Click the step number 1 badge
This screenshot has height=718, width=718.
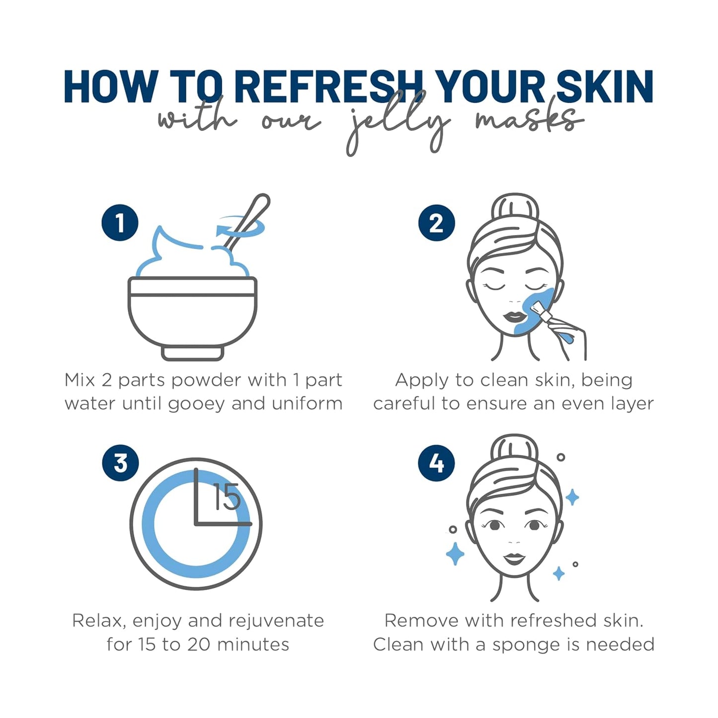pos(120,223)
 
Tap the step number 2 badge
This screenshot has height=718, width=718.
pos(436,223)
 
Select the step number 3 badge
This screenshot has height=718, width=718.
pos(120,463)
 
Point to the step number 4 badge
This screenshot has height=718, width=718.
pos(436,463)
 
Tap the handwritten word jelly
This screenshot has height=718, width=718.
pos(398,124)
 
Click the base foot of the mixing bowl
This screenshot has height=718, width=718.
pos(193,353)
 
